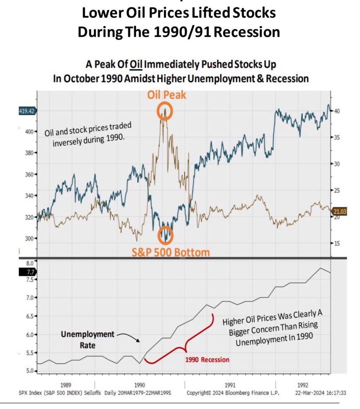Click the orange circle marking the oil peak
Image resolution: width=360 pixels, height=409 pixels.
165,112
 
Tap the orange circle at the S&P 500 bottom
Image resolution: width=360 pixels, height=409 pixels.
166,235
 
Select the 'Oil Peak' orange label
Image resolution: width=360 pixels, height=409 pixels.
167,94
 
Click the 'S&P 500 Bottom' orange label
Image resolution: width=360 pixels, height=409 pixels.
171,253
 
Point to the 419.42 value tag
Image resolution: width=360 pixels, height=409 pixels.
28,111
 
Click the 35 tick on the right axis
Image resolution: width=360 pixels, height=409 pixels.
336,137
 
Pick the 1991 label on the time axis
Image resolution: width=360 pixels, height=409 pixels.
230,385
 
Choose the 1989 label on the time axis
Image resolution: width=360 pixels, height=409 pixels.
66,385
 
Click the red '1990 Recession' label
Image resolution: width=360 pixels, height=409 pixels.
207,360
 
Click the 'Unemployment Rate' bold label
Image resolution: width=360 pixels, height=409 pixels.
88,339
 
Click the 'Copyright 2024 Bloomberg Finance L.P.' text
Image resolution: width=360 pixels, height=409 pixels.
233,393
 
